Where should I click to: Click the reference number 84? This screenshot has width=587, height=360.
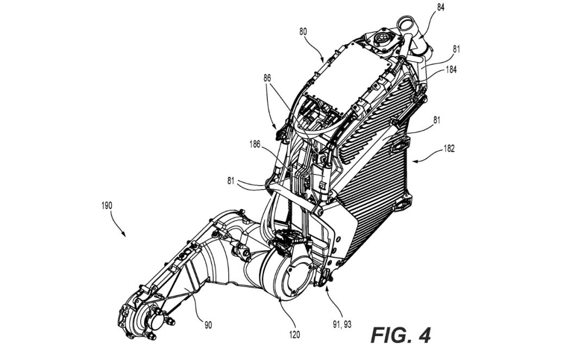point(441,7)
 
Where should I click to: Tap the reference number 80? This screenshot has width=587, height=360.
point(303,32)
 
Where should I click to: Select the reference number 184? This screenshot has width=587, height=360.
point(451,70)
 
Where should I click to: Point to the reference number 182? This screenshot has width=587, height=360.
point(449,148)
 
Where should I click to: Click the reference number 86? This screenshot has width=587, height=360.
point(267,78)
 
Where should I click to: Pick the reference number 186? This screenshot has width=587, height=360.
point(255,144)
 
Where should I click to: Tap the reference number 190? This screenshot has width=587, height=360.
point(107,206)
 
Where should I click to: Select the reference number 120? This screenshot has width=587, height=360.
point(294,334)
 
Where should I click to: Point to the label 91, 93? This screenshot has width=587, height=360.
point(342,325)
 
